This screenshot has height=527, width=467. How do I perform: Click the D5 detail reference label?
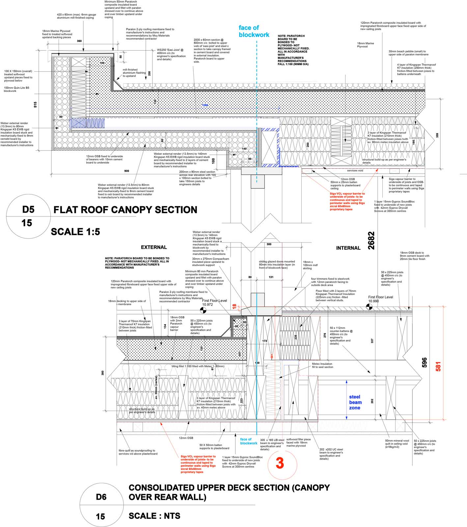(x=28, y=209)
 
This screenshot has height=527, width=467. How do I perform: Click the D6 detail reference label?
(x=101, y=497)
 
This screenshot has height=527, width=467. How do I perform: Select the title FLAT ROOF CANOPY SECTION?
(x=125, y=210)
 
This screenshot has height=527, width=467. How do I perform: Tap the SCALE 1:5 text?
(x=75, y=232)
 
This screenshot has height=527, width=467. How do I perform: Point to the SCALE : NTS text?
(x=154, y=516)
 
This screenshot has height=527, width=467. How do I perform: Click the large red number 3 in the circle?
(x=280, y=463)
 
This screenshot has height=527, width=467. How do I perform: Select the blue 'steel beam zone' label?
(x=355, y=402)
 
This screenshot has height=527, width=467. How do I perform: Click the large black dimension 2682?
(x=371, y=240)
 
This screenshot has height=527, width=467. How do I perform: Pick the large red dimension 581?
(x=438, y=366)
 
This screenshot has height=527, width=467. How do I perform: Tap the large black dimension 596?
(x=424, y=363)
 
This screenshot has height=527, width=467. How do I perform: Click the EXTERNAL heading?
(x=154, y=247)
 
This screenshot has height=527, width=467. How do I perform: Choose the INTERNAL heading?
(x=348, y=248)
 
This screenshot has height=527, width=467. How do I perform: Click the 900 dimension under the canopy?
(x=127, y=171)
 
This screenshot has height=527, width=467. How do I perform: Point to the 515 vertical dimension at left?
(x=35, y=104)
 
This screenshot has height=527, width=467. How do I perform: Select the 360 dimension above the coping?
(x=79, y=41)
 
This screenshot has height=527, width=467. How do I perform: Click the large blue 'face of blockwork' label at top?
(x=254, y=31)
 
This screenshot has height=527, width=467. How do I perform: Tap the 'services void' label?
(x=355, y=171)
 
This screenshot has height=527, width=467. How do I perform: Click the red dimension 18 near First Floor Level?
(x=234, y=306)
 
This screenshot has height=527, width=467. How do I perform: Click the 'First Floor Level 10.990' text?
(x=380, y=299)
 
